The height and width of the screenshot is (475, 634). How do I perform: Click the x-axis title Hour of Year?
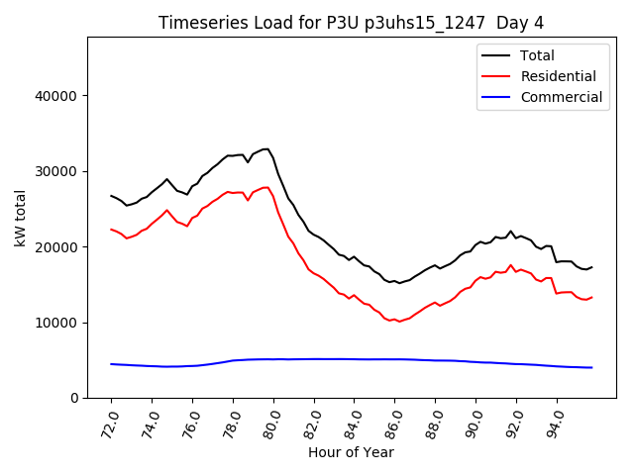(351, 452)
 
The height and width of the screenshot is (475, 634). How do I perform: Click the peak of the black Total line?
(266, 149)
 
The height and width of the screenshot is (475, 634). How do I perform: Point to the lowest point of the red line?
(399, 322)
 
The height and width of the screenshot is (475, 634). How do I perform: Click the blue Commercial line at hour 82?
(314, 359)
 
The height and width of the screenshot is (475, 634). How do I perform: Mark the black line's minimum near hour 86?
(399, 283)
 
